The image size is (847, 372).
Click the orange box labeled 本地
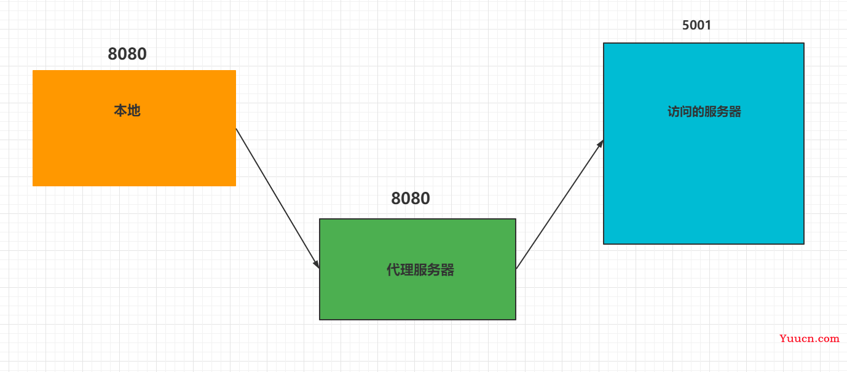click(134, 128)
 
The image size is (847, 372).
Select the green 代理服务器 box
click(417, 269)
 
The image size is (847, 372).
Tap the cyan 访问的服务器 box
click(704, 143)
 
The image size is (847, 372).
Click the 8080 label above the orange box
click(127, 53)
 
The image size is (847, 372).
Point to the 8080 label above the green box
click(410, 199)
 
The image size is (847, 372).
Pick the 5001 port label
click(696, 25)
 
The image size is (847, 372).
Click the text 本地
click(127, 111)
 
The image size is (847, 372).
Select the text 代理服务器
click(420, 270)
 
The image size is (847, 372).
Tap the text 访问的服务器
click(704, 112)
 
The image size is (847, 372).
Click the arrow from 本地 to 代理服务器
click(278, 199)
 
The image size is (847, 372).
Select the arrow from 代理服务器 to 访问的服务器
click(559, 204)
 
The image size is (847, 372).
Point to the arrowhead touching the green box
click(316, 263)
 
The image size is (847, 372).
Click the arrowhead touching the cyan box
click(600, 144)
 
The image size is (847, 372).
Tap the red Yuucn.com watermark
click(809, 338)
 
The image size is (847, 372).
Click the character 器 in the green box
click(447, 270)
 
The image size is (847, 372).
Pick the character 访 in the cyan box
click(674, 112)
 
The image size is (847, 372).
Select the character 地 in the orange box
click(134, 111)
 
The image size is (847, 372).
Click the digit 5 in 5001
click(686, 25)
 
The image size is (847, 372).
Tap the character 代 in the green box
click(393, 270)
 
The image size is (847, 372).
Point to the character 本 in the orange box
click(120, 111)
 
